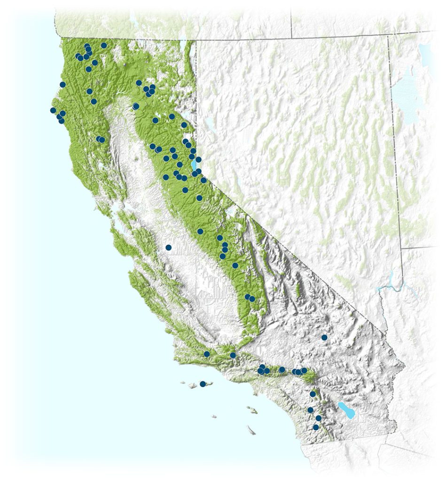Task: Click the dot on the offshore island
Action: tap(203, 384)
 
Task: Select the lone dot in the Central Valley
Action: tap(169, 247)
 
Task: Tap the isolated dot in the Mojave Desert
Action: tap(324, 337)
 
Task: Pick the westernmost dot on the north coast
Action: tap(53, 110)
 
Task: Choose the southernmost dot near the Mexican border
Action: tap(316, 427)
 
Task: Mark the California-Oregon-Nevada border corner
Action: tap(195, 40)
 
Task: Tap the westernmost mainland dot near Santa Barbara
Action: tap(206, 354)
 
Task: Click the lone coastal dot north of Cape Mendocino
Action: tap(62, 85)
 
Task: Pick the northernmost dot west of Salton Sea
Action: tap(312, 394)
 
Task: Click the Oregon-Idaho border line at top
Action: tap(291, 19)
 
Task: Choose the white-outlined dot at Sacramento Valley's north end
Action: tap(136, 106)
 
